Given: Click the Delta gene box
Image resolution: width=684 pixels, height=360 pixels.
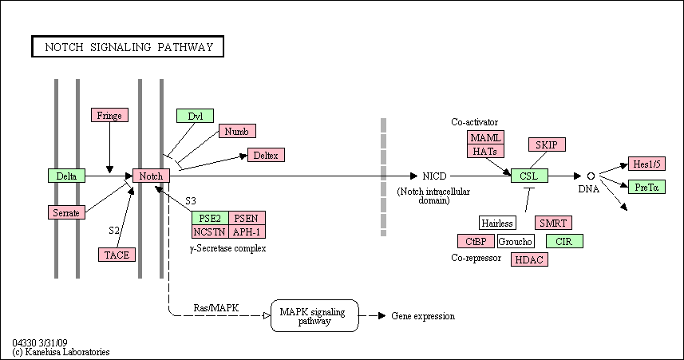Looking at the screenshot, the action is pos(66,176).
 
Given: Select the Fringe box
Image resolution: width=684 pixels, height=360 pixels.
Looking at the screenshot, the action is pos(109,115).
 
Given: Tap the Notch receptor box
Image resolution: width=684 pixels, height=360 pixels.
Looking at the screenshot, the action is pos(151,176).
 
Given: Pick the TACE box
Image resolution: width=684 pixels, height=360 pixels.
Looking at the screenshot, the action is pos(117,255).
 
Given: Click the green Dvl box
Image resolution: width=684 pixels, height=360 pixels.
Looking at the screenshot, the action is pos(195,116).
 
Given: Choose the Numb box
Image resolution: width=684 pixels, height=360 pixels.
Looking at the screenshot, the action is pos(237,132).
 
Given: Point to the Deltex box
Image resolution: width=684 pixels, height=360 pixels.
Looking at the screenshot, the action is pos(266,155).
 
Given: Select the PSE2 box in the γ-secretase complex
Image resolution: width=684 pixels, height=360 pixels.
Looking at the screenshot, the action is pos(210,218).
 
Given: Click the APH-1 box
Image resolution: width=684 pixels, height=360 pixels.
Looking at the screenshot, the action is pos(247,231).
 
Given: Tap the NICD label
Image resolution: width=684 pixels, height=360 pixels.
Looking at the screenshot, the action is pos(434,176).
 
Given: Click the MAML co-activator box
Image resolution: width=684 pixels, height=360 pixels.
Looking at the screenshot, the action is pos(485,137).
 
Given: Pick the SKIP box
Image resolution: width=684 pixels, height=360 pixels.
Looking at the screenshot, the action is pos(547,144).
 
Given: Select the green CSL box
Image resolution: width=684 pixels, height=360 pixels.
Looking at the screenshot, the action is pos(530,176).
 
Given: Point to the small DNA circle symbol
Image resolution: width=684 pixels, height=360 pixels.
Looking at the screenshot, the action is pos(591,176).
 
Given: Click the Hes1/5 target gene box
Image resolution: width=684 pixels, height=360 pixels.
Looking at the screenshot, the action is pos(647,164).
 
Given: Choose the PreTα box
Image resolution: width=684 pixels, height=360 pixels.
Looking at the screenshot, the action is pos(647,187).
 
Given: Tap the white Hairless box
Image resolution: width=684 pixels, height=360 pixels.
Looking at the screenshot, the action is pos(497,223).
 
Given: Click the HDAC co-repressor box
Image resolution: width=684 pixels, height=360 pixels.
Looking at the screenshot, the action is pos(530,259).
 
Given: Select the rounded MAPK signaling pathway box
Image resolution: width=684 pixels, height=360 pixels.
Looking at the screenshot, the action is pos(314,315).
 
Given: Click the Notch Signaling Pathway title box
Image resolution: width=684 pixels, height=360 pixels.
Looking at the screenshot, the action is pos(128,46).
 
